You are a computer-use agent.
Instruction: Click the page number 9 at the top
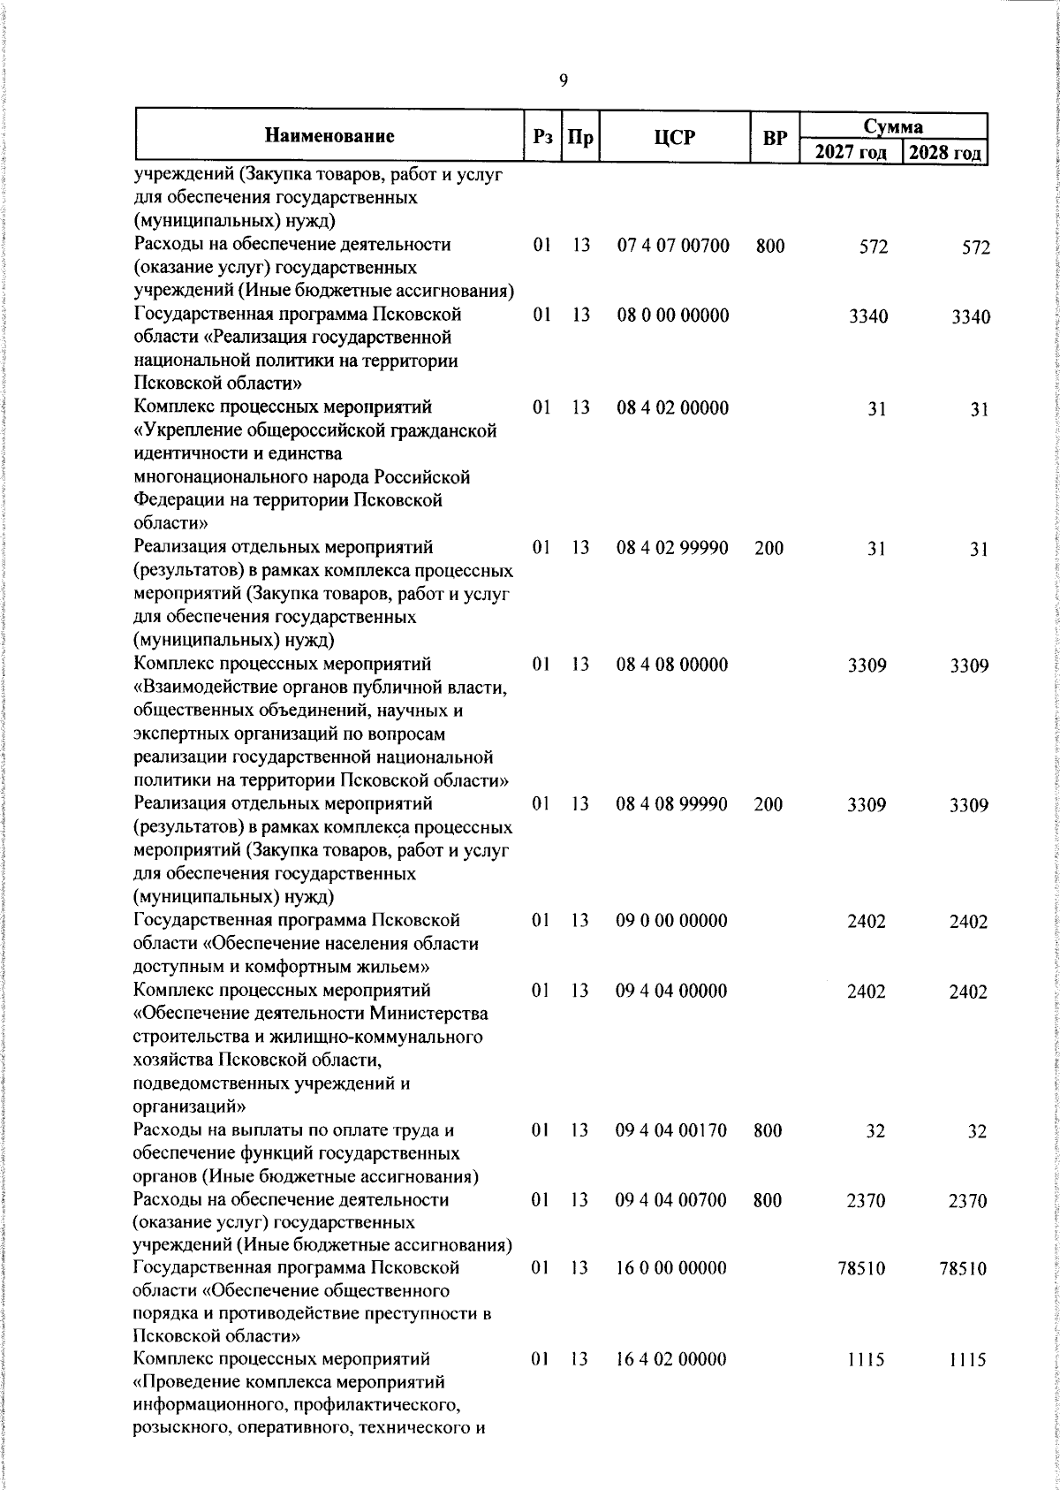tap(564, 81)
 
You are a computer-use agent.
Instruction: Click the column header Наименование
tap(329, 137)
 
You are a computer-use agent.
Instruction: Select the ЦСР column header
tap(675, 138)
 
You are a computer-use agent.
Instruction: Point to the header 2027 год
tap(850, 153)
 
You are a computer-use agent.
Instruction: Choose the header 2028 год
tap(945, 153)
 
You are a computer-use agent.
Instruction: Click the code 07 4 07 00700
tap(673, 246)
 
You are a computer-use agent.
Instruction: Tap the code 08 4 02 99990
tap(673, 548)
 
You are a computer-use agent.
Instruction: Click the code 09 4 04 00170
tap(673, 1130)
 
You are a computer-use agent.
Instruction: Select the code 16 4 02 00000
tap(673, 1384)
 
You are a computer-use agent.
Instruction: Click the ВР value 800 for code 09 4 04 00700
tap(769, 1199)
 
